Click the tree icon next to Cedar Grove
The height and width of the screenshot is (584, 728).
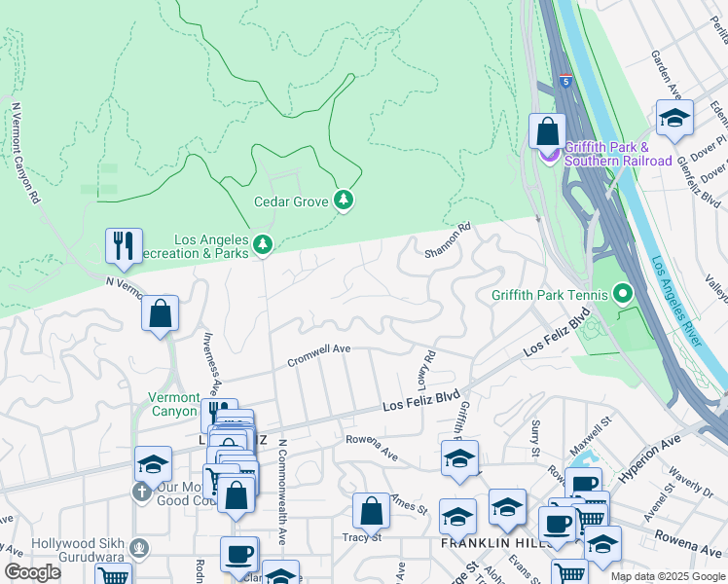[344, 201]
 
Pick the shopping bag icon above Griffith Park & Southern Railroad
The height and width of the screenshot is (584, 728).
[547, 130]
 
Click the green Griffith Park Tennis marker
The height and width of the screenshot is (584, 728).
[624, 293]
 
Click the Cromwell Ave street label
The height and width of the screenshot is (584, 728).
[318, 355]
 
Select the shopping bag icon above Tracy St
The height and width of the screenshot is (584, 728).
[371, 510]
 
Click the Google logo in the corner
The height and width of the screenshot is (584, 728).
[33, 572]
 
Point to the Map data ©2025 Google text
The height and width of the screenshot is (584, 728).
[667, 576]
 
